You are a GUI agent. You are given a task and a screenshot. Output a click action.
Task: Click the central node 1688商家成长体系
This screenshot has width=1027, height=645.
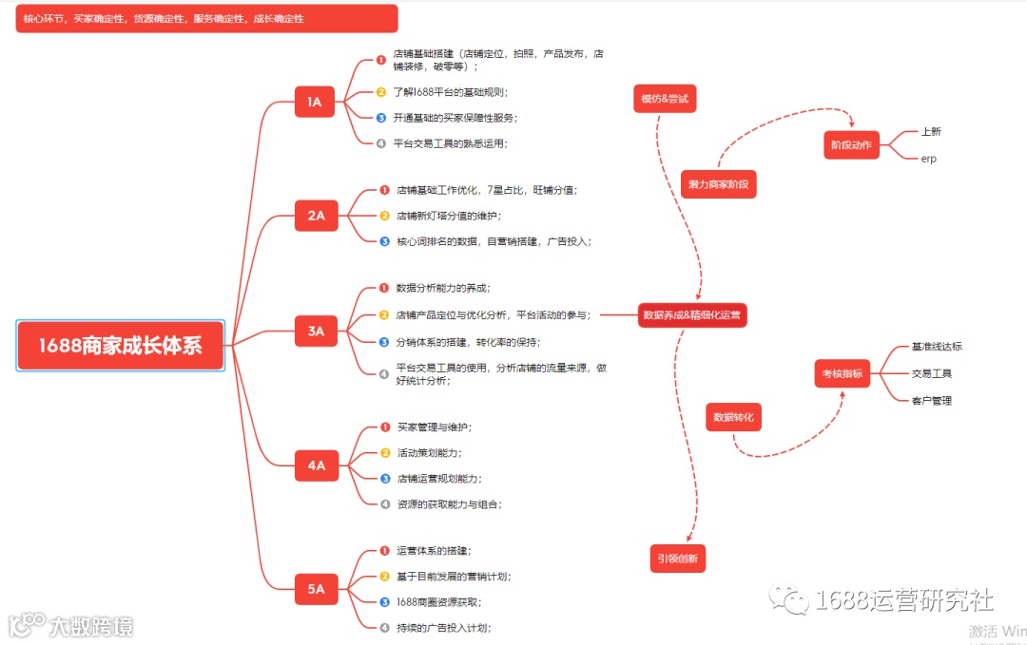121,346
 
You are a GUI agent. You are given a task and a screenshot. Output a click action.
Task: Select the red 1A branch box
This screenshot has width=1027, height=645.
315,102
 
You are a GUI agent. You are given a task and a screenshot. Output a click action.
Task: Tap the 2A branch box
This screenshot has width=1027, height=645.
316,216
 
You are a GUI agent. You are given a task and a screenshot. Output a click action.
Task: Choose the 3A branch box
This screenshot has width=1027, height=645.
316,332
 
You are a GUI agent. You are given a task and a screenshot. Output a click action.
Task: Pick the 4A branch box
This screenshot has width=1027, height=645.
316,465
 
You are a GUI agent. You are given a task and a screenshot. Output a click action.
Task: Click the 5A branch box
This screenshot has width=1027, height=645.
316,589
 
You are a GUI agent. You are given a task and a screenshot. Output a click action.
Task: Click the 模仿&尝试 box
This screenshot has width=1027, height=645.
664,99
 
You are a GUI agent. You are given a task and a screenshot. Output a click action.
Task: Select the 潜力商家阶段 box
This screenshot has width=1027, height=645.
718,184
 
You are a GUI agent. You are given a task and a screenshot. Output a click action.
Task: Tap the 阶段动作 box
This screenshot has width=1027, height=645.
851,145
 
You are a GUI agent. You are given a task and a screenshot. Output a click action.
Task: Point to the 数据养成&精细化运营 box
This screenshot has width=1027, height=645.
691,314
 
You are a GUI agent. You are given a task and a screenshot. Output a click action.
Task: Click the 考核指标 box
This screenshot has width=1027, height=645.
843,374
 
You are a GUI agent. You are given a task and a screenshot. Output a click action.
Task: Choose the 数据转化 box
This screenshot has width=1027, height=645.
734,417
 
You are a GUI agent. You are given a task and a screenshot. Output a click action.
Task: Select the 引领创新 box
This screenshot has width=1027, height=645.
678,559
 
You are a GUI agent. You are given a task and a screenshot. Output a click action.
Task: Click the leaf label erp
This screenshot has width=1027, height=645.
928,159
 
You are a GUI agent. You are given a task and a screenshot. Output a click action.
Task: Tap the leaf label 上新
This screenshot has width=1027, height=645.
930,132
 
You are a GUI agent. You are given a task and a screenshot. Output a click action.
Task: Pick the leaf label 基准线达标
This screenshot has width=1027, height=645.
937,347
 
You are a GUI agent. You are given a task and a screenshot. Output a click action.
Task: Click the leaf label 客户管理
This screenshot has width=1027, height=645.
931,401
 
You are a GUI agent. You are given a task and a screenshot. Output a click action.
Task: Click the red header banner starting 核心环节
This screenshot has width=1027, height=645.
206,19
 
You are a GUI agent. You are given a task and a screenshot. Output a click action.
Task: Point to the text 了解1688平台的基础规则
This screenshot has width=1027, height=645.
450,92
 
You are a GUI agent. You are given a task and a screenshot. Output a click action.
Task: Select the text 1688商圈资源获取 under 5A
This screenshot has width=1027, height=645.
438,602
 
